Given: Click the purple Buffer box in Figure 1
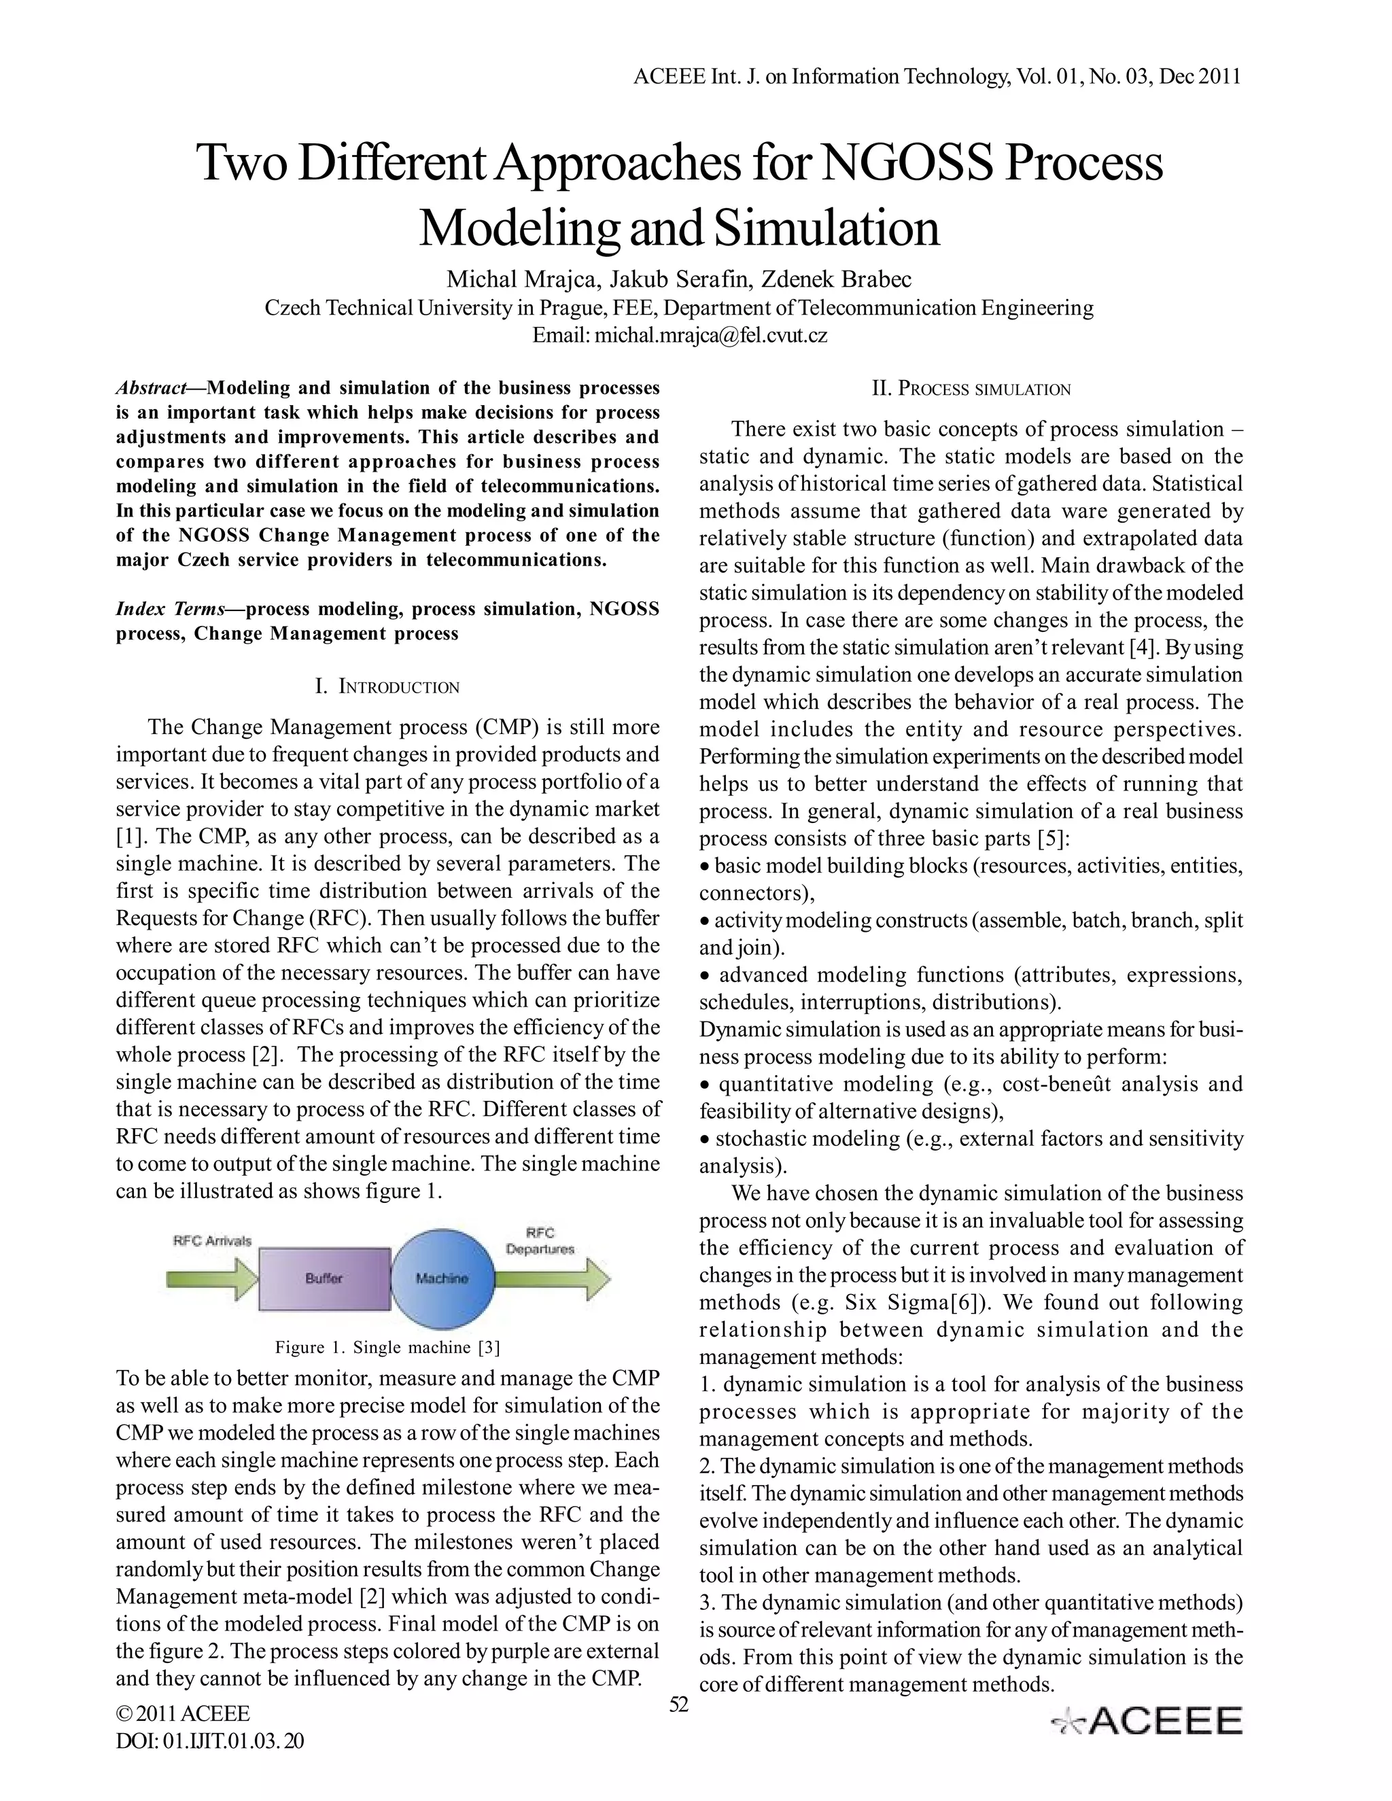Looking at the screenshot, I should coord(324,1279).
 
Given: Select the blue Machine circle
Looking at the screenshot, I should coord(442,1279).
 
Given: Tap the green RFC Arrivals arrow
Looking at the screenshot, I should coord(213,1279).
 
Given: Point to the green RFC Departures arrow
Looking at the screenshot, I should coord(553,1279).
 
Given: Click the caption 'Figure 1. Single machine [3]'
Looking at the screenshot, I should coord(387,1348).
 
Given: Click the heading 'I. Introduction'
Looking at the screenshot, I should coord(387,687).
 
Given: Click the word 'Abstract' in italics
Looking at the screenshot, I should coord(151,388).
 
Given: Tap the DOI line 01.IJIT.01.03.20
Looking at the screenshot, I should coord(210,1741).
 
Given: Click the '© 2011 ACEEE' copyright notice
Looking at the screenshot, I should coord(183,1713).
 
